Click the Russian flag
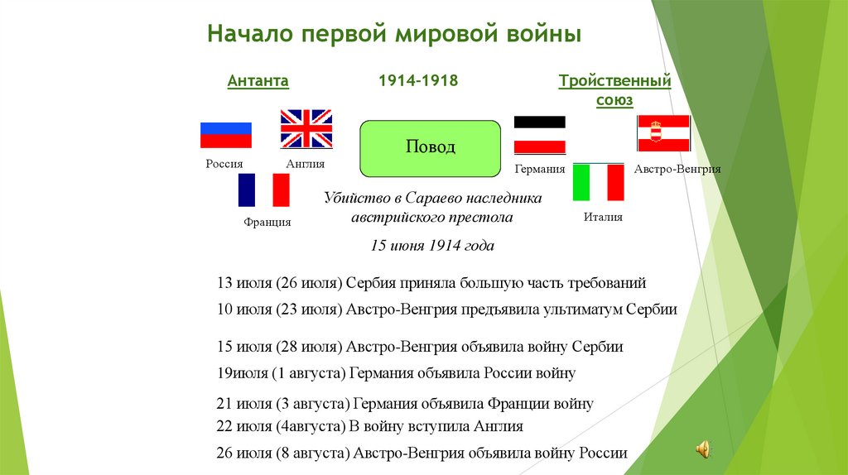pyautogui.click(x=225, y=136)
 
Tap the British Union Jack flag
pyautogui.click(x=306, y=128)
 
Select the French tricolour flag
pyautogui.click(x=263, y=190)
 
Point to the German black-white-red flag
pyautogui.click(x=540, y=135)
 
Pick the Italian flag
pyautogui.click(x=598, y=183)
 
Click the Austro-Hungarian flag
pyautogui.click(x=663, y=133)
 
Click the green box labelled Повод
pyautogui.click(x=430, y=148)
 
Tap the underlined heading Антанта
pyautogui.click(x=258, y=81)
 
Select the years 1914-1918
pyautogui.click(x=418, y=81)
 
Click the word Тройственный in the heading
pyautogui.click(x=614, y=81)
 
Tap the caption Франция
pyautogui.click(x=267, y=223)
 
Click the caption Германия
pyautogui.click(x=539, y=169)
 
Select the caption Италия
pyautogui.click(x=603, y=217)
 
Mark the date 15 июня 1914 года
pyautogui.click(x=431, y=246)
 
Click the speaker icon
pyautogui.click(x=703, y=449)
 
